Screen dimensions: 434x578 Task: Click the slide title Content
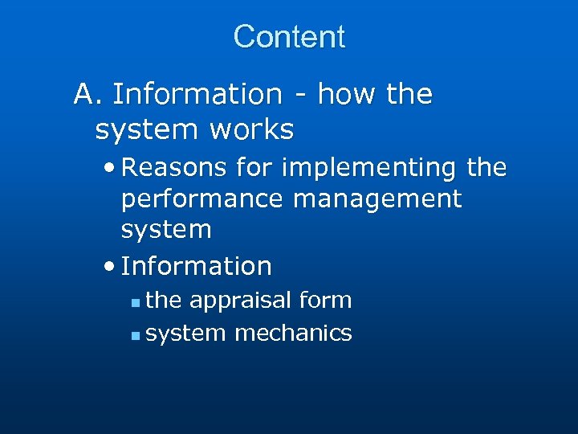point(289,37)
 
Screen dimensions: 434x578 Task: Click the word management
point(377,199)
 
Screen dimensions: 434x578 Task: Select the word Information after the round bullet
point(197,265)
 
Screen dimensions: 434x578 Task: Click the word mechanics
point(293,333)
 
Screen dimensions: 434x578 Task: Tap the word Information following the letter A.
point(197,95)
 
